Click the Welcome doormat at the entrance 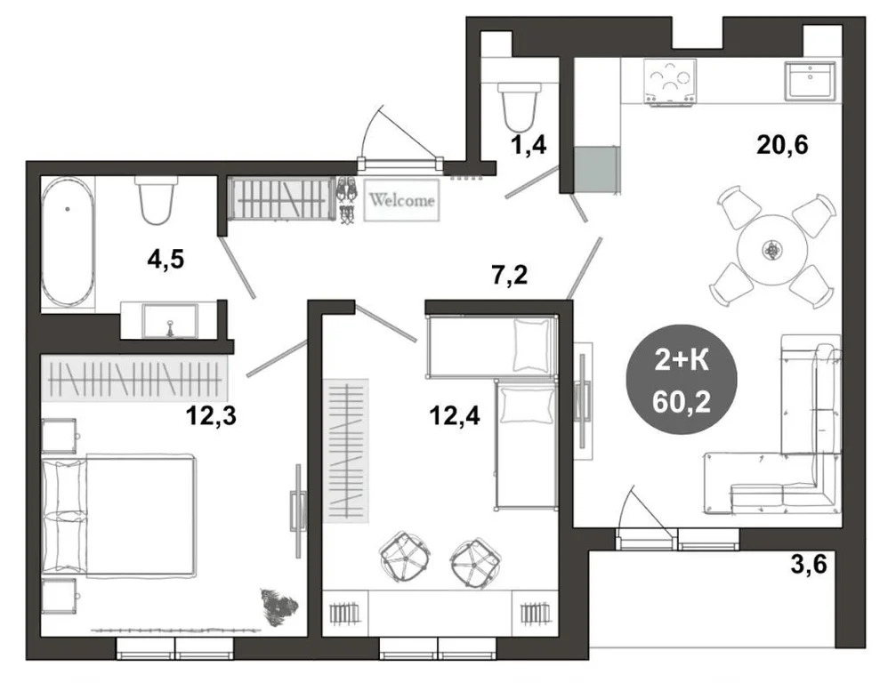click(402, 200)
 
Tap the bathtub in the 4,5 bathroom click(68, 241)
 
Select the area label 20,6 click(782, 145)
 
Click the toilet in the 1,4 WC click(519, 107)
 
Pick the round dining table click(772, 250)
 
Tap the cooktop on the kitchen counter click(670, 82)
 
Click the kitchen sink click(810, 80)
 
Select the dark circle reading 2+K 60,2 click(682, 380)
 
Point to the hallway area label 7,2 click(509, 275)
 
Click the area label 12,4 click(455, 415)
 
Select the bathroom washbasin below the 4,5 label click(170, 320)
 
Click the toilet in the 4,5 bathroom click(157, 200)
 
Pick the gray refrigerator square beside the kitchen click(596, 170)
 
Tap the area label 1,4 click(529, 145)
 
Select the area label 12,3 click(211, 415)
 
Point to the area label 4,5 click(165, 260)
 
